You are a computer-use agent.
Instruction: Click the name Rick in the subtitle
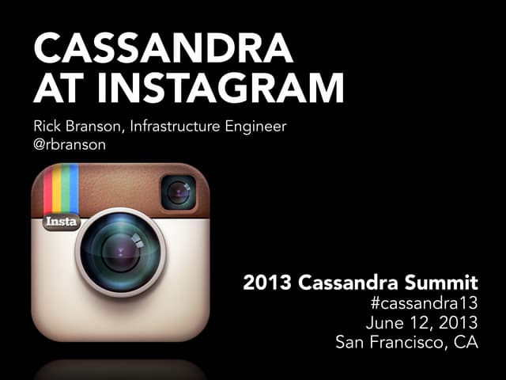pyautogui.click(x=49, y=126)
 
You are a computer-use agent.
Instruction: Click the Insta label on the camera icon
pyautogui.click(x=60, y=222)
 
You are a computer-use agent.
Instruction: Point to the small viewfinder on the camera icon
pyautogui.click(x=179, y=192)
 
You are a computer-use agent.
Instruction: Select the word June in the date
pyautogui.click(x=384, y=323)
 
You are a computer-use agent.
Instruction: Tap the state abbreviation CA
pyautogui.click(x=467, y=344)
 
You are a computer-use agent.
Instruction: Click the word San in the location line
pyautogui.click(x=350, y=344)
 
